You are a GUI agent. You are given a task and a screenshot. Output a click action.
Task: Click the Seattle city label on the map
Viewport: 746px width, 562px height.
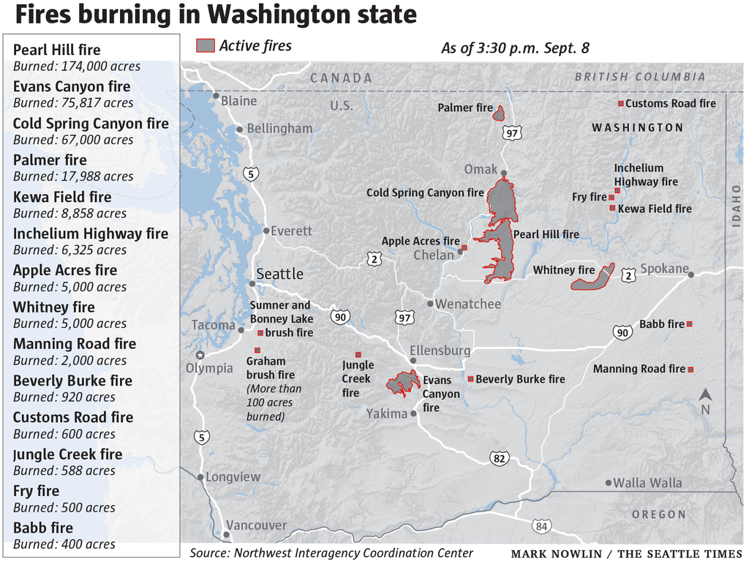(x=279, y=274)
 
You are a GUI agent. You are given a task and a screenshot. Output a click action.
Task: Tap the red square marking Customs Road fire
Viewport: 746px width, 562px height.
(x=621, y=103)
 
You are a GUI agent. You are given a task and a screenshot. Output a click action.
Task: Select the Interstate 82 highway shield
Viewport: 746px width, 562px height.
(x=500, y=457)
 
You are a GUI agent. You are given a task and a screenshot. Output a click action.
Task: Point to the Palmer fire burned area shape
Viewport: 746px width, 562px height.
(x=499, y=113)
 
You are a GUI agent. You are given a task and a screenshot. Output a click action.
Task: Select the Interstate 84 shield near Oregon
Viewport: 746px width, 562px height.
(x=540, y=526)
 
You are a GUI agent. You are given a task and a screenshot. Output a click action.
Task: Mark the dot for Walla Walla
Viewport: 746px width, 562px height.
(x=609, y=483)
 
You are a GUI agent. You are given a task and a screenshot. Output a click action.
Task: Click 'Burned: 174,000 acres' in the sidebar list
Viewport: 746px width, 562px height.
(x=77, y=67)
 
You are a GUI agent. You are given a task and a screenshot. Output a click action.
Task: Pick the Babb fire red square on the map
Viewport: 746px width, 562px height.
(x=689, y=323)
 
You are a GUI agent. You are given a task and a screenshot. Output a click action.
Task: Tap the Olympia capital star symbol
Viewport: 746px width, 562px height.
(x=200, y=355)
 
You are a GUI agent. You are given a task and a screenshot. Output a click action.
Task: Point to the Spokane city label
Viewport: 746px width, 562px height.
(x=664, y=269)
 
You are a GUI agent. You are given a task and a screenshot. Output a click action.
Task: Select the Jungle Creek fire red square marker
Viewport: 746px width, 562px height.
(x=358, y=354)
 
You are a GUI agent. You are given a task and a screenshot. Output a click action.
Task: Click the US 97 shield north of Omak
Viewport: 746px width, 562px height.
(x=512, y=133)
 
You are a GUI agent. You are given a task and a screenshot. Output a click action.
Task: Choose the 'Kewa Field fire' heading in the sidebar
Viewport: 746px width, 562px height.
(x=62, y=197)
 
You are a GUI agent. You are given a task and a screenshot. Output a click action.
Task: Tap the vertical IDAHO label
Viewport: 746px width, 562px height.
(x=736, y=205)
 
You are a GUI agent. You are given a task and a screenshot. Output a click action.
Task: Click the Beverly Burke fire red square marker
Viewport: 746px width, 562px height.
(x=470, y=379)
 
